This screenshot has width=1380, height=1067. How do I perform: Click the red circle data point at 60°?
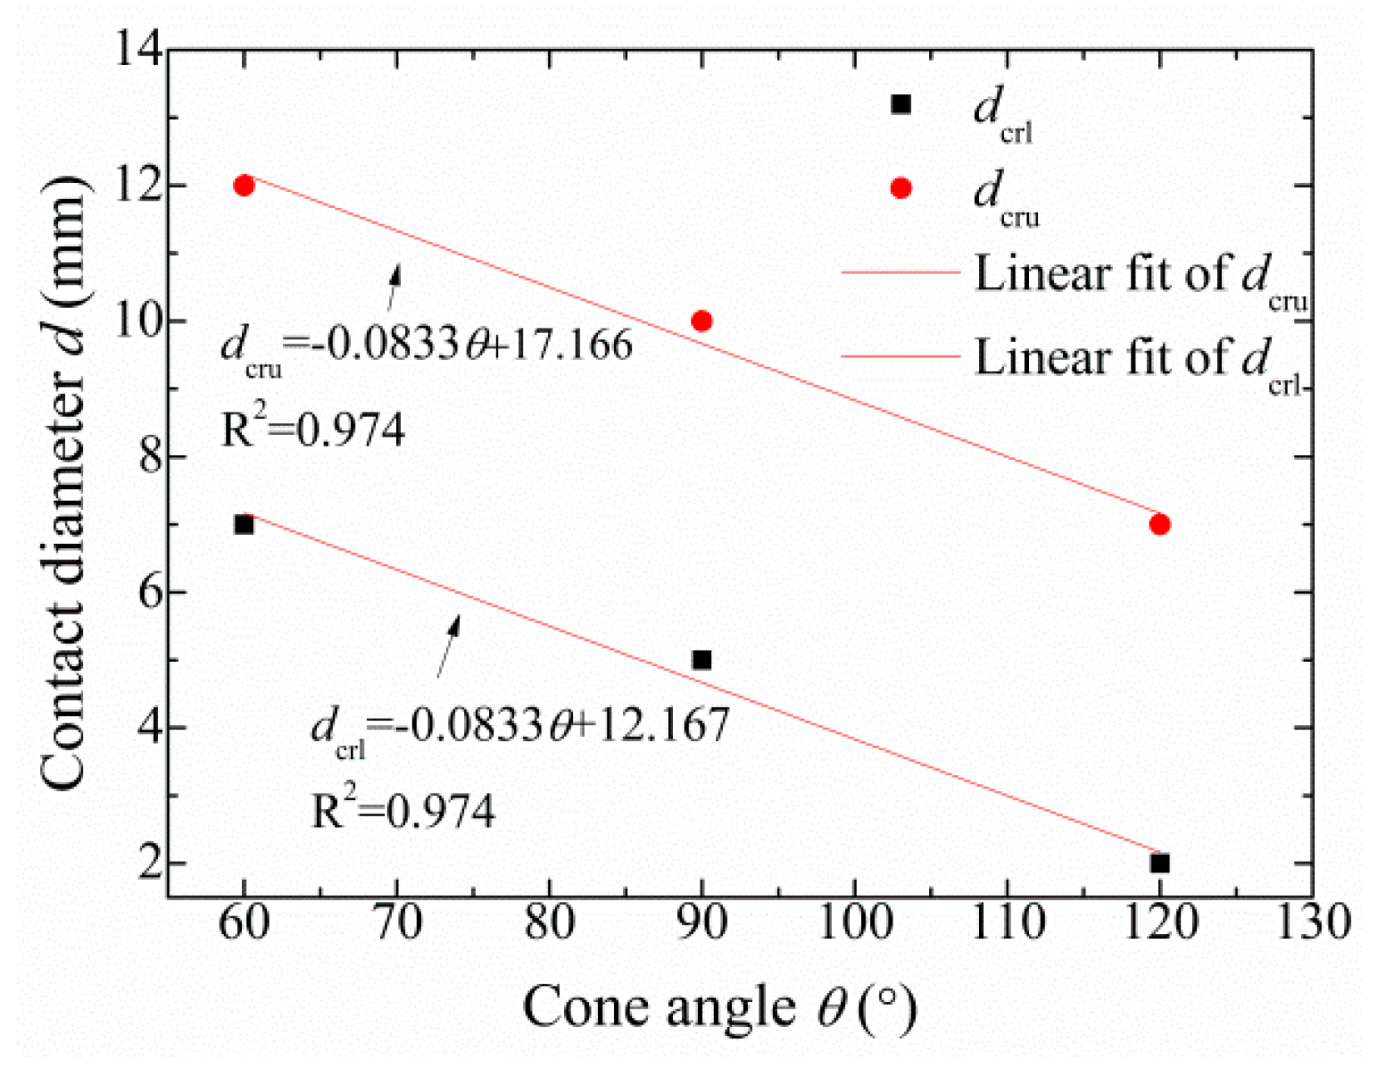click(244, 185)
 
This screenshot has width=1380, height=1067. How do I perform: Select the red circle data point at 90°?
click(702, 321)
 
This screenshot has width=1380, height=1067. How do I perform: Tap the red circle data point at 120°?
click(1160, 525)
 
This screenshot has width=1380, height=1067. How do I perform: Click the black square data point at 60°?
click(244, 525)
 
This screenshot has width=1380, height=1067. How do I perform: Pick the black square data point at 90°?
click(702, 660)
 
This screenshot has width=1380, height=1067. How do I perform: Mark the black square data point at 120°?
click(1160, 863)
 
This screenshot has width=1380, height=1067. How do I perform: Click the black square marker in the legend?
click(901, 104)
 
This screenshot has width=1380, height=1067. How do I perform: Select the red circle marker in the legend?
click(901, 189)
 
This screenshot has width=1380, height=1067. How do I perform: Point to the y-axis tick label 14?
click(139, 50)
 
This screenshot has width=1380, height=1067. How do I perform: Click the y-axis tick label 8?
click(150, 457)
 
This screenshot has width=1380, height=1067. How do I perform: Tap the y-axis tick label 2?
click(150, 863)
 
